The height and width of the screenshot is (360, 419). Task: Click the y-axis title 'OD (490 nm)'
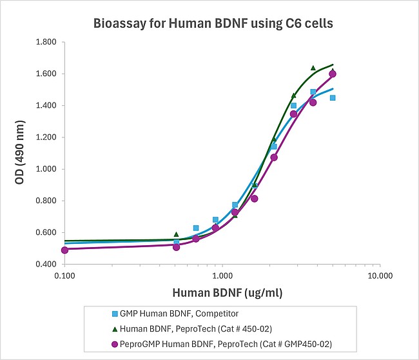click(x=21, y=153)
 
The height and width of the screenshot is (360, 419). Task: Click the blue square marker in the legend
click(x=113, y=314)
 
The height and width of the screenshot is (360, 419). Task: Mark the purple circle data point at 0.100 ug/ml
click(x=64, y=250)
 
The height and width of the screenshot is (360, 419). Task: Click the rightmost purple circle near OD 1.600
click(x=333, y=74)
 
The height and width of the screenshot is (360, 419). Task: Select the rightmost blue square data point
click(x=333, y=97)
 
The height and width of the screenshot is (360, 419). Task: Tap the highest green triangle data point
click(x=313, y=68)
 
